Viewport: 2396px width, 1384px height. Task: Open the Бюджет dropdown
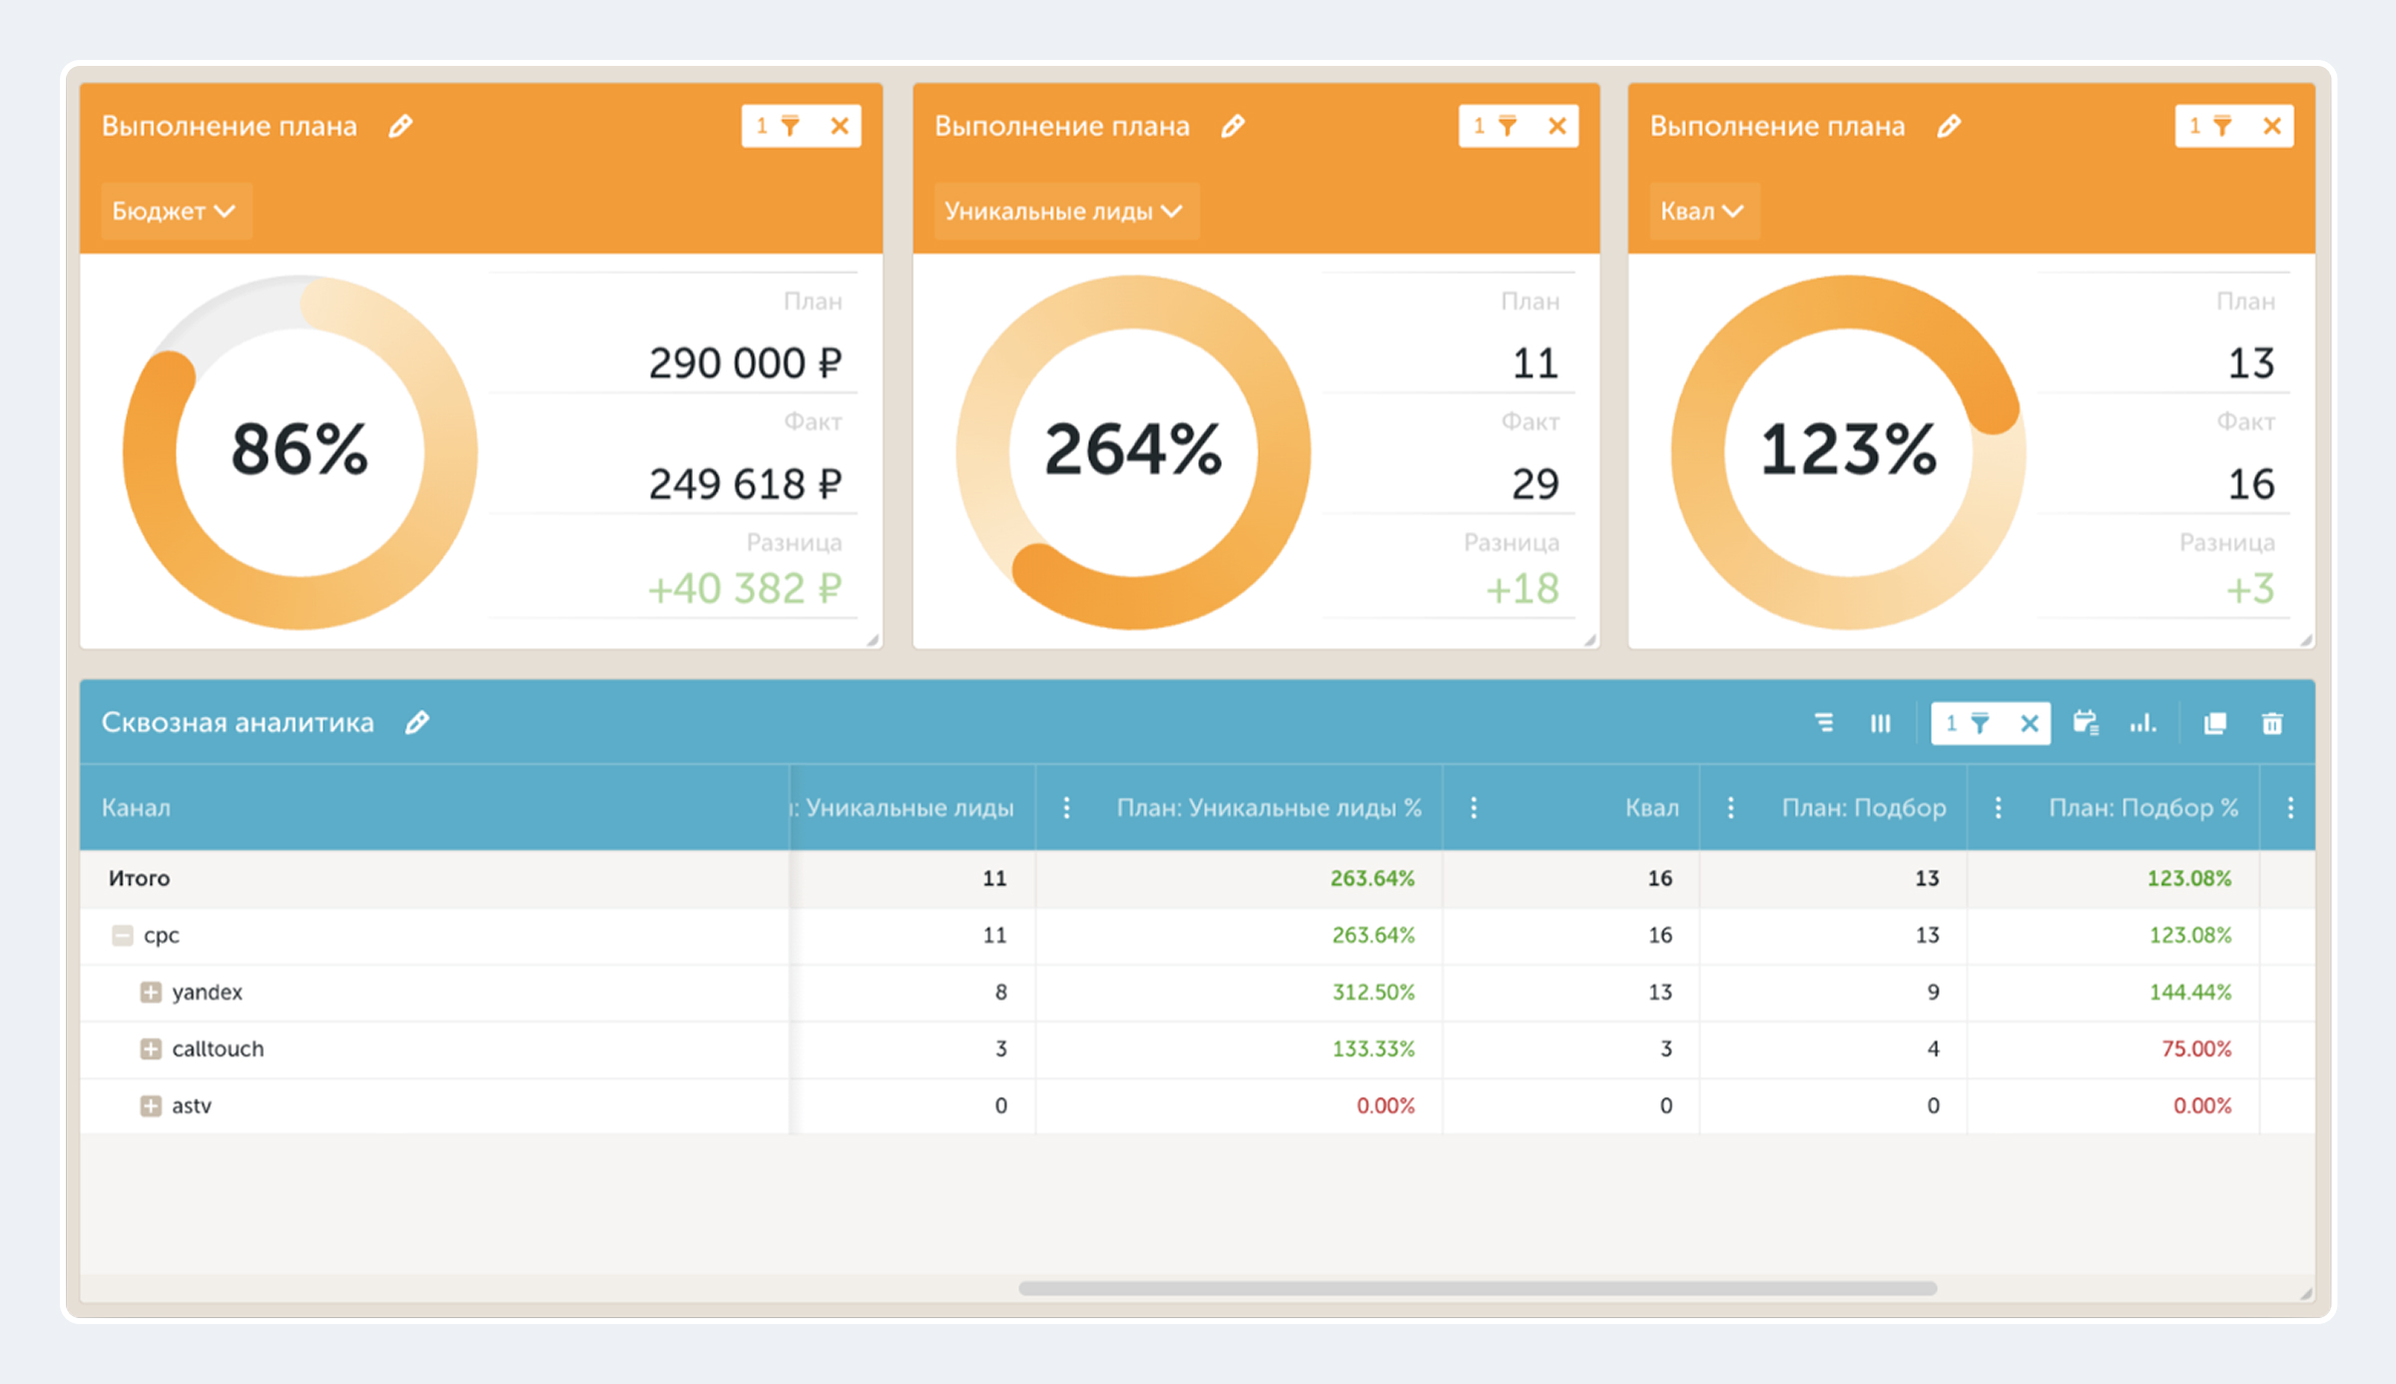click(x=174, y=211)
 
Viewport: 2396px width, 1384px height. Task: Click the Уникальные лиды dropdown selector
click(x=1065, y=211)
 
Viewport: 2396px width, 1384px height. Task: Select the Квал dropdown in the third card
click(x=1703, y=211)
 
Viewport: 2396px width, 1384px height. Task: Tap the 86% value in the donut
click(x=299, y=449)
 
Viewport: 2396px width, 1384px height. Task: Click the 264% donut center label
click(x=1133, y=449)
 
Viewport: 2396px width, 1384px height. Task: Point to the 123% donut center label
click(x=1848, y=449)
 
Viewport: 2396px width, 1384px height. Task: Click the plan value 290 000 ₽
click(x=745, y=362)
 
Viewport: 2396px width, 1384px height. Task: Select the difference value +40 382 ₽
click(x=745, y=588)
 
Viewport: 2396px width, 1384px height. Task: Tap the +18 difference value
click(x=1522, y=588)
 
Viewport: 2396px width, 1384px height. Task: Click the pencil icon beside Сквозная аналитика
click(x=417, y=722)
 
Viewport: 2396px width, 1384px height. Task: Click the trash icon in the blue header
click(x=2272, y=723)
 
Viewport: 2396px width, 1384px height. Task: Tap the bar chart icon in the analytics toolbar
click(x=2142, y=723)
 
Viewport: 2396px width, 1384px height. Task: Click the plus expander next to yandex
click(x=151, y=993)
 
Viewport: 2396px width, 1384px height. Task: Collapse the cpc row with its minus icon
click(x=123, y=936)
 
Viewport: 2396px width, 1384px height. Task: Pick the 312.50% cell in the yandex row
click(x=1374, y=993)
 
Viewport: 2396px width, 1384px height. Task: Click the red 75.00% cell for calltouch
click(x=2196, y=1049)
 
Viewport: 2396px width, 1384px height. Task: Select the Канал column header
click(x=136, y=808)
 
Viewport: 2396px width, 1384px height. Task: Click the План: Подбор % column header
click(x=2143, y=808)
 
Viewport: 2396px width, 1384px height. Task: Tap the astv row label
click(x=192, y=1106)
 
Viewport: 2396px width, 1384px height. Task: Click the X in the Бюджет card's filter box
click(x=840, y=126)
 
